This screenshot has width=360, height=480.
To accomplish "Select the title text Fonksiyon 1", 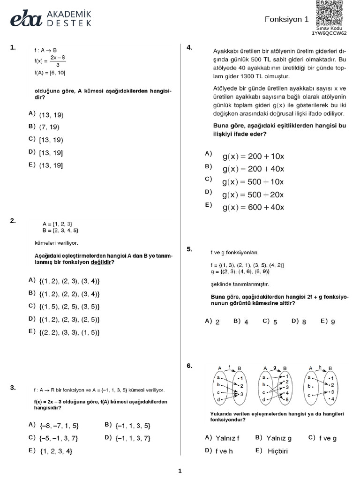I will [287, 20].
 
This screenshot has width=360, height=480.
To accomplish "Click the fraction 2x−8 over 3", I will [57, 61].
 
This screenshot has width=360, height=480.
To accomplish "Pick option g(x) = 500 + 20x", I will [253, 195].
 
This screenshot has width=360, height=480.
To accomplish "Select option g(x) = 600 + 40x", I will [253, 207].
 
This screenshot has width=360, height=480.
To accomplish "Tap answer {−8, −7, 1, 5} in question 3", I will [59, 426].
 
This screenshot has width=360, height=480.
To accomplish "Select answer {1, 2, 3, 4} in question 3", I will [56, 451].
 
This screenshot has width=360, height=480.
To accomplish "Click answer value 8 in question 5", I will [304, 322].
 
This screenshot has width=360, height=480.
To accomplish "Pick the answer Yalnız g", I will [279, 438].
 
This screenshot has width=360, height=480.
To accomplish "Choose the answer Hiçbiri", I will [277, 451].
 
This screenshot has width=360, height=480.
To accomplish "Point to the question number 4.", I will [189, 47].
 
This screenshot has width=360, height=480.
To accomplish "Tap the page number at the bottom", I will [180, 471].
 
